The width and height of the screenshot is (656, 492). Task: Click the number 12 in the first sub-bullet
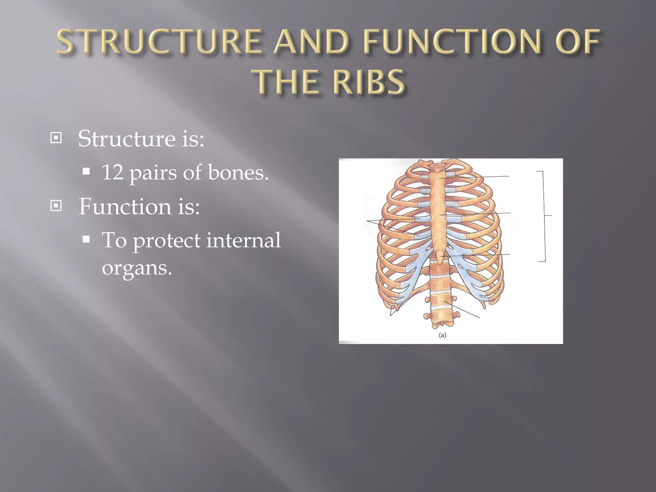pyautogui.click(x=112, y=172)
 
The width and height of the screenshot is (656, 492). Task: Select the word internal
pyautogui.click(x=243, y=240)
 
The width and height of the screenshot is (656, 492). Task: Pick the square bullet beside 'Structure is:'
pyautogui.click(x=56, y=138)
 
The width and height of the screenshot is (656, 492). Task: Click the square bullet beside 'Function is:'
pyautogui.click(x=56, y=206)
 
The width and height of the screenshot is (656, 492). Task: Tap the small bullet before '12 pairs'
pyautogui.click(x=86, y=171)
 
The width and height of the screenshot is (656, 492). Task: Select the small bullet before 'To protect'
pyautogui.click(x=86, y=239)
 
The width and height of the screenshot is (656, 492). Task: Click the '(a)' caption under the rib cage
pyautogui.click(x=442, y=335)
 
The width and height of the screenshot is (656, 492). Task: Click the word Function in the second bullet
pyautogui.click(x=125, y=207)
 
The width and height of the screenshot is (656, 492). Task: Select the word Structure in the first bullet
pyautogui.click(x=127, y=139)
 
